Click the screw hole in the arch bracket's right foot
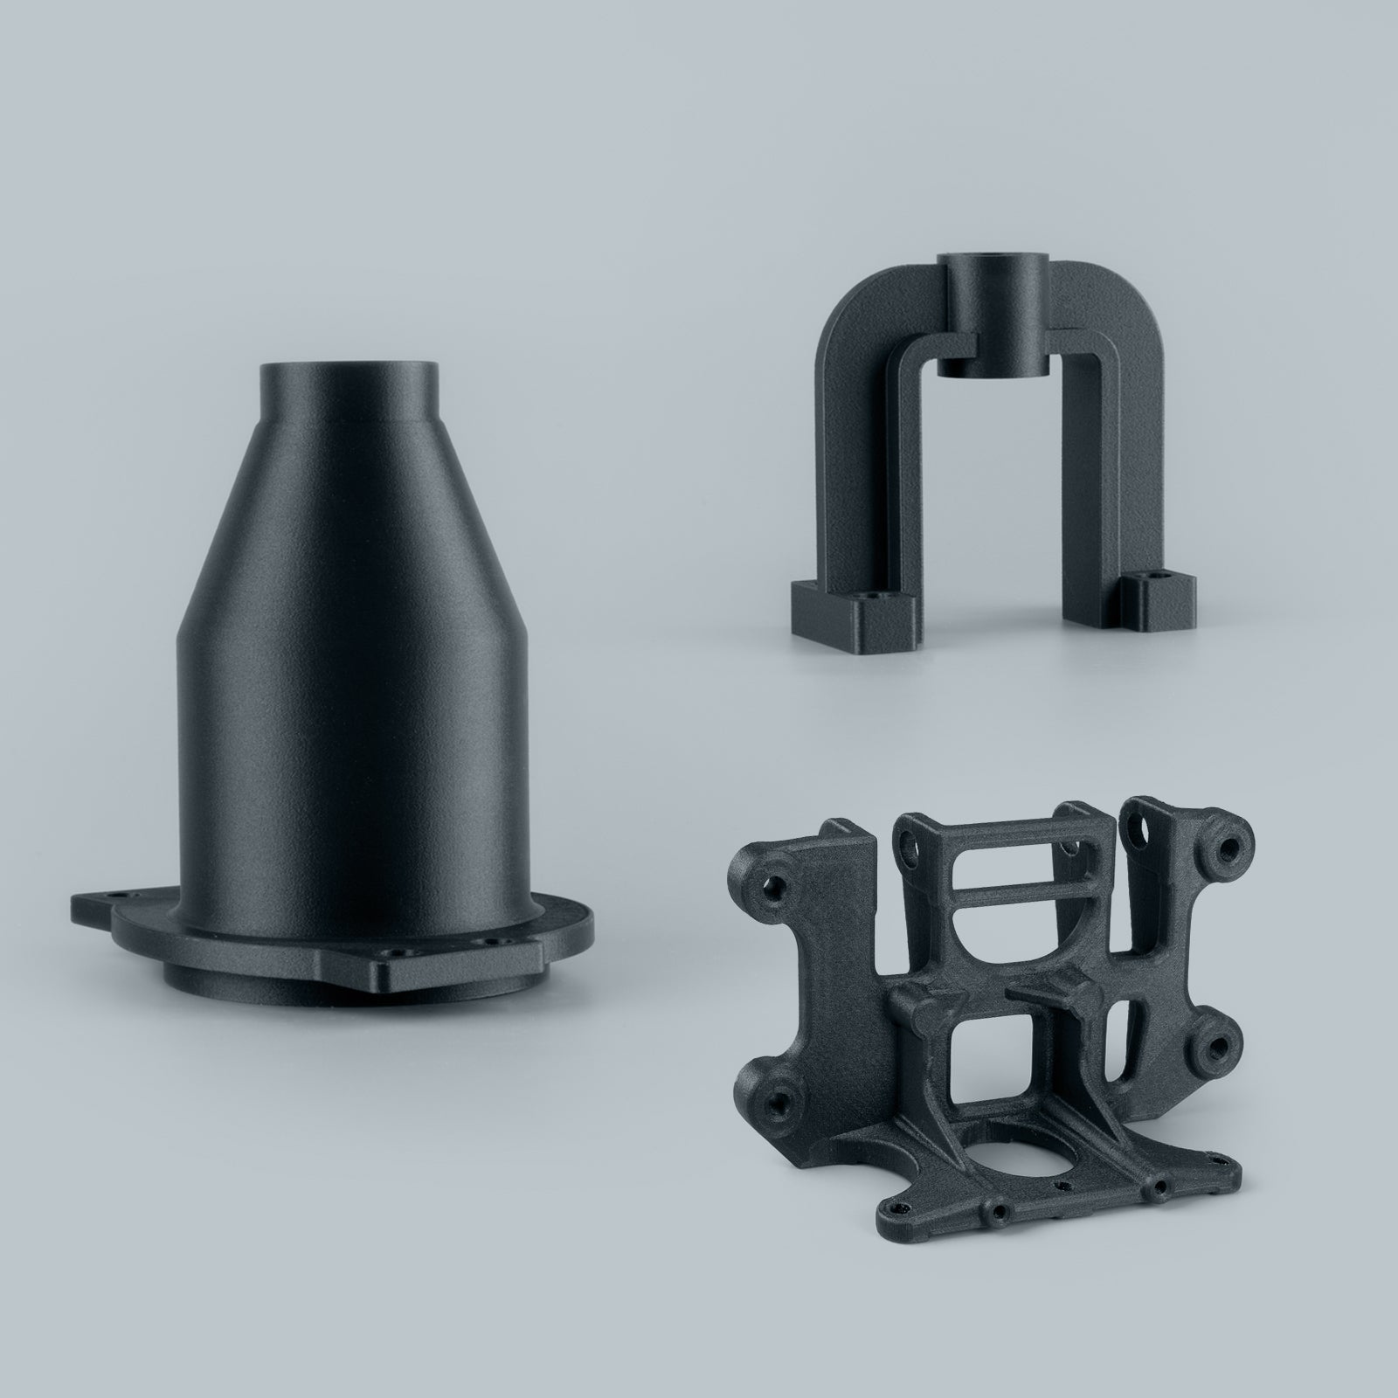(x=1158, y=577)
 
